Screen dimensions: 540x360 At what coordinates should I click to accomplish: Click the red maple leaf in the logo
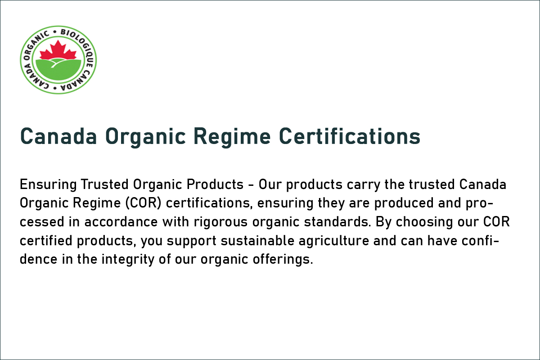click(58, 51)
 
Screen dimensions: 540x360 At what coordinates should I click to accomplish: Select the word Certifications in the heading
click(350, 136)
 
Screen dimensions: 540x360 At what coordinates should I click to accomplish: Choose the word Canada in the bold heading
click(58, 136)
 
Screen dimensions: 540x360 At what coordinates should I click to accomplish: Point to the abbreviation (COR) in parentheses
click(143, 203)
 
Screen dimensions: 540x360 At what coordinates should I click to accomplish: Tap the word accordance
click(121, 222)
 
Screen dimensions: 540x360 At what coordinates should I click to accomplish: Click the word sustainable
click(257, 241)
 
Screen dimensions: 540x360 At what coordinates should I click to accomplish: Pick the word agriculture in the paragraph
click(334, 241)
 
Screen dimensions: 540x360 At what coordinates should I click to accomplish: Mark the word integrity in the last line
click(128, 260)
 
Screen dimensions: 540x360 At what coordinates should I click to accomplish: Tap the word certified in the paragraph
click(46, 241)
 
